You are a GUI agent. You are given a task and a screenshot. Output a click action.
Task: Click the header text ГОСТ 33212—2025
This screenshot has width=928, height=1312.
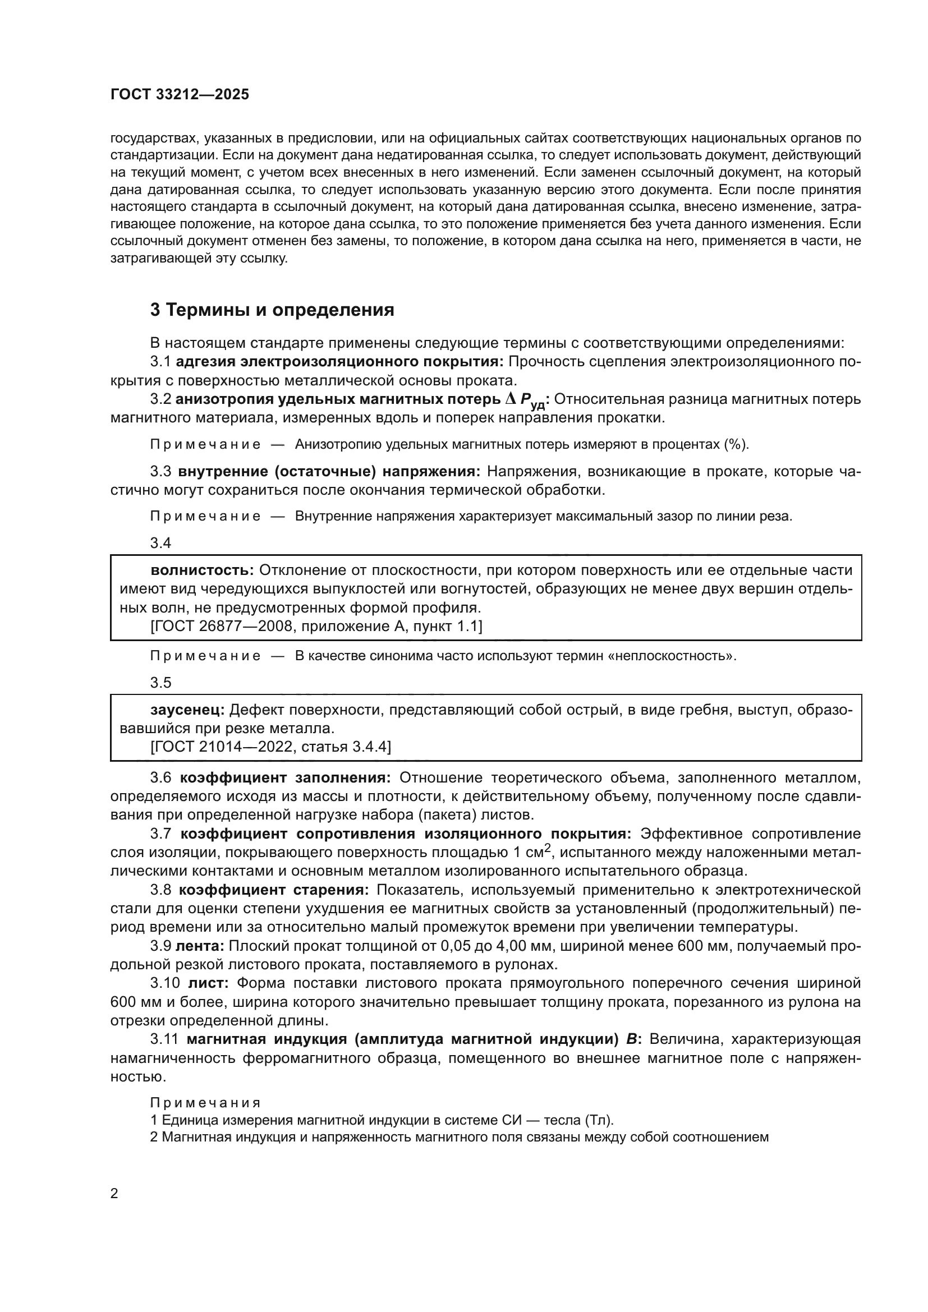[180, 95]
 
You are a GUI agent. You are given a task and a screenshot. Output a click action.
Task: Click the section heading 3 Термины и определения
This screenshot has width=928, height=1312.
[272, 310]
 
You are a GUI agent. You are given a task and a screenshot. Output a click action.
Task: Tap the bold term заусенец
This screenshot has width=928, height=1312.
[188, 710]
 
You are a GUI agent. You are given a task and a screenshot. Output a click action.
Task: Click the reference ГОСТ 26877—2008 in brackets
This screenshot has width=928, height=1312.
[223, 627]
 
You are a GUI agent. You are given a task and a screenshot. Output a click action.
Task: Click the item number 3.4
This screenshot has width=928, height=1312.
[160, 543]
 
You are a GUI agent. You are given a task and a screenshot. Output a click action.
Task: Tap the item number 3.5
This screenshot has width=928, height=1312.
[160, 683]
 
